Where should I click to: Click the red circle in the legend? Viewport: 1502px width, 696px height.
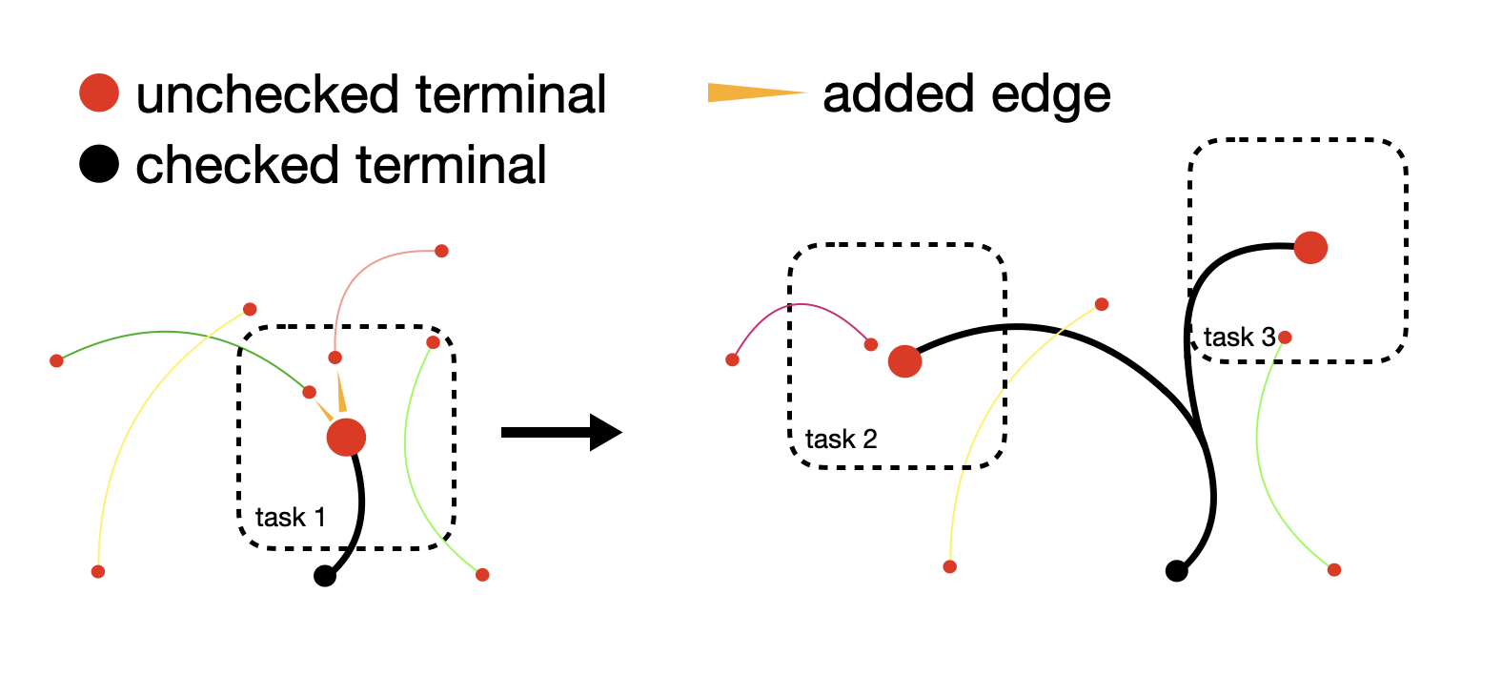99,92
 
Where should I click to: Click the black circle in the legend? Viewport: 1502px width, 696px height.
99,164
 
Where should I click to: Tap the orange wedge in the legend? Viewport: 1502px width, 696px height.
757,92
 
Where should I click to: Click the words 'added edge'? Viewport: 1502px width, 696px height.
966,95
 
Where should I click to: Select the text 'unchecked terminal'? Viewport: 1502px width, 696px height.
371,94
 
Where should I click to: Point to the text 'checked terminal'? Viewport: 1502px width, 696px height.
341,165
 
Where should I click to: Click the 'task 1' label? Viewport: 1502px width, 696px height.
291,518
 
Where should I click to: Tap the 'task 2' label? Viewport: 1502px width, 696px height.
841,440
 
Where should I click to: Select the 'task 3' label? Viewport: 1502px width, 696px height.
1239,338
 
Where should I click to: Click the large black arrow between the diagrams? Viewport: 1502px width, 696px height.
561,433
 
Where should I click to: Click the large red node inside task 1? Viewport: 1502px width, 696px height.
346,438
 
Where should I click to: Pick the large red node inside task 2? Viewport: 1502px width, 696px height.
904,361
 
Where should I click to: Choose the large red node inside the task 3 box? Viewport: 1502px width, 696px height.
1310,248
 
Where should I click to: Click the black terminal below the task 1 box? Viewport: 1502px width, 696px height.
325,575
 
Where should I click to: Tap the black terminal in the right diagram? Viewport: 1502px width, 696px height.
1176,570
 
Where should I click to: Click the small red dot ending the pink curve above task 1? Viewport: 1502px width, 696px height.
441,251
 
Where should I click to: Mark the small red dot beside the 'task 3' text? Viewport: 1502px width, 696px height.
1285,338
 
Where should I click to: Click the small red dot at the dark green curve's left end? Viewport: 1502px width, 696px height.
56,361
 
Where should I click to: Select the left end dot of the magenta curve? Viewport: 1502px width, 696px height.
732,360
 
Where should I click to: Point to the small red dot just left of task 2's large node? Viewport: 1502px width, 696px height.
871,344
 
